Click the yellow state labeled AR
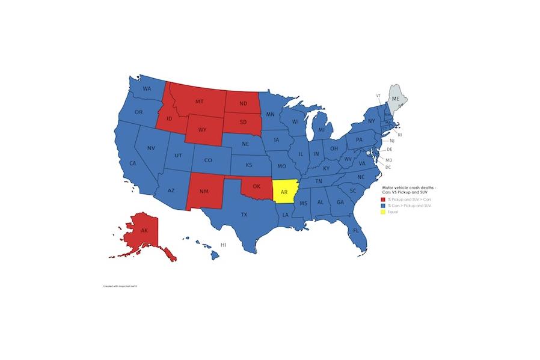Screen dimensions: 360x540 pyautogui.click(x=284, y=193)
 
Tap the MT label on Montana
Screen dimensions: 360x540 pyautogui.click(x=199, y=102)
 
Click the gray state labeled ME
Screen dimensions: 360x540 pyautogui.click(x=395, y=98)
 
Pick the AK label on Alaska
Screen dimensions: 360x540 pyautogui.click(x=144, y=231)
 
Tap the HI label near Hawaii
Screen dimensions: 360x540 pyautogui.click(x=223, y=245)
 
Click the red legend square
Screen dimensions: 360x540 pyautogui.click(x=384, y=199)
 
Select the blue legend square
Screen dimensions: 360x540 pyautogui.click(x=384, y=206)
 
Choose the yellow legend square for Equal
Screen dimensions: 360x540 pyautogui.click(x=384, y=212)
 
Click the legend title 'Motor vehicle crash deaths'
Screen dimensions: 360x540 pyautogui.click(x=413, y=188)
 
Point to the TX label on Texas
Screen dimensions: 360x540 pyautogui.click(x=244, y=215)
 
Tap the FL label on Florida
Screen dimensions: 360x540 pyautogui.click(x=356, y=231)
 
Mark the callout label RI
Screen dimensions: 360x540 pyautogui.click(x=400, y=135)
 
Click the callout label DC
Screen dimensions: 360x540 pyautogui.click(x=388, y=166)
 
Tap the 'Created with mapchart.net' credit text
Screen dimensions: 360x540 pyautogui.click(x=121, y=286)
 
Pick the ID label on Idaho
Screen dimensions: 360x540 pyautogui.click(x=169, y=120)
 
